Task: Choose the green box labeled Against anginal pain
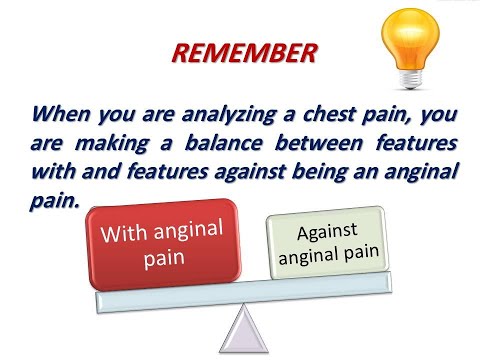(325, 244)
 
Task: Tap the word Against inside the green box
(326, 232)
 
